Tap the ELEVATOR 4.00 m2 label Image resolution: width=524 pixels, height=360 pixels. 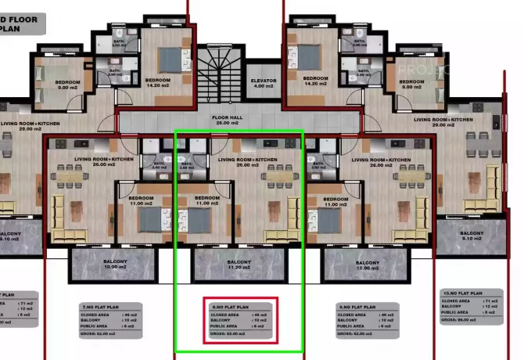click(x=264, y=84)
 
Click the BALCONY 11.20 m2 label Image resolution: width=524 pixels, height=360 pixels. click(x=238, y=264)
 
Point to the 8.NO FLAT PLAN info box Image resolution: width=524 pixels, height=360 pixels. click(x=241, y=321)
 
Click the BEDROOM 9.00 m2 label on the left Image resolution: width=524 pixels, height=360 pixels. click(x=67, y=85)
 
